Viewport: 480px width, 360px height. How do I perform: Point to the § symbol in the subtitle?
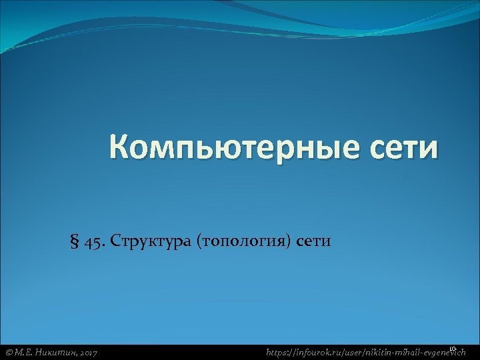tap(75, 241)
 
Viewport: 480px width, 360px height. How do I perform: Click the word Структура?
tap(153, 241)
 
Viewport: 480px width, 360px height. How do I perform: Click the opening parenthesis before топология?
tap(199, 241)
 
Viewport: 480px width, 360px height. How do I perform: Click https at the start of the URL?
tap(278, 351)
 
